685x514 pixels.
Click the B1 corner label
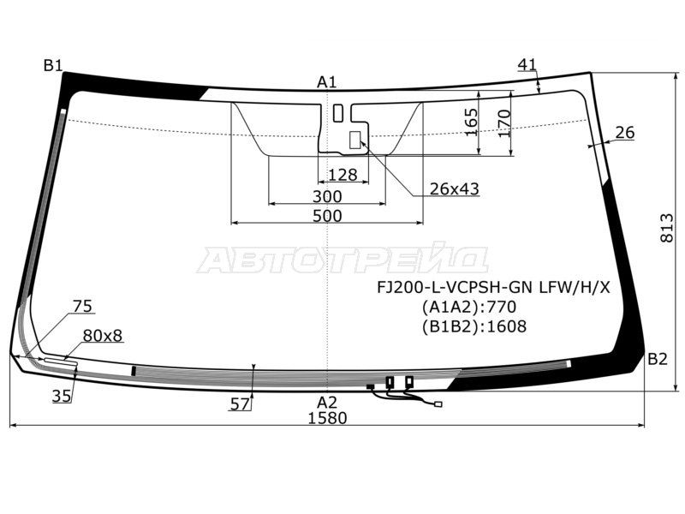(x=54, y=65)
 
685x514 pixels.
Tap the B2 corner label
(x=657, y=359)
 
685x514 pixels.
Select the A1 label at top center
(x=327, y=82)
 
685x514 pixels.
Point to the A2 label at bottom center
(x=327, y=402)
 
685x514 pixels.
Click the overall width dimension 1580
(x=327, y=418)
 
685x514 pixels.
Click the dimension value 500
(x=327, y=216)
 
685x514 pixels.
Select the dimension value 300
(x=327, y=197)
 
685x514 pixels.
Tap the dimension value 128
(x=342, y=175)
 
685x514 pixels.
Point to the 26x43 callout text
(x=454, y=188)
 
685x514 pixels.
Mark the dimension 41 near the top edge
(x=527, y=64)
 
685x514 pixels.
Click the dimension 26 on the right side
(x=625, y=132)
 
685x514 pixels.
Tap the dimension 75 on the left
(x=82, y=306)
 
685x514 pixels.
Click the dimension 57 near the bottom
(x=241, y=403)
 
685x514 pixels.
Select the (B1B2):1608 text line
(x=474, y=326)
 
